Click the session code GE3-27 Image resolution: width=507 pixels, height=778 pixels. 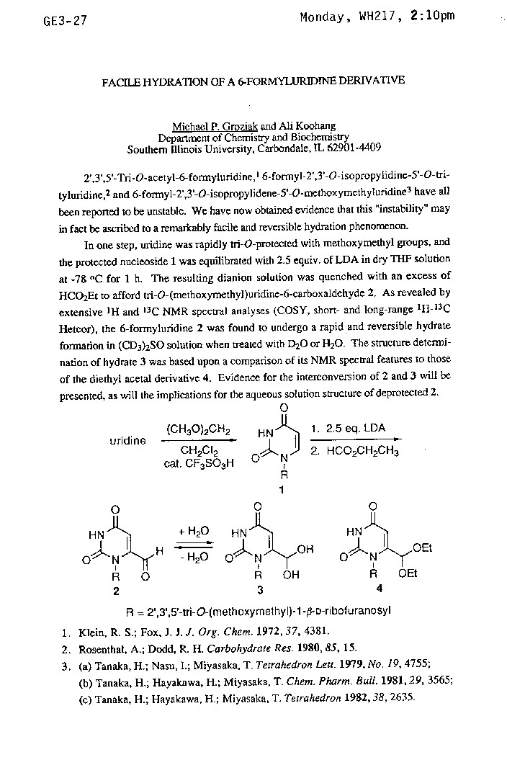pyautogui.click(x=65, y=21)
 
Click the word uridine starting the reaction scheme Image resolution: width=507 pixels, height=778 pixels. pyautogui.click(x=127, y=440)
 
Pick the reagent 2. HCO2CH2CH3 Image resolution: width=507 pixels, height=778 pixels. pyautogui.click(x=353, y=451)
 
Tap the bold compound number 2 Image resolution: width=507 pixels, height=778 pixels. pyautogui.click(x=115, y=590)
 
